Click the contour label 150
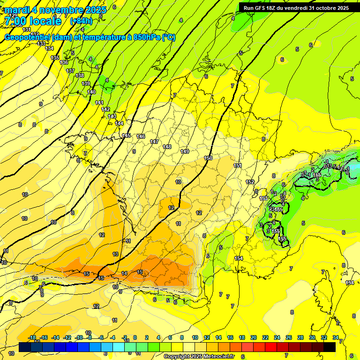click(x=208, y=158)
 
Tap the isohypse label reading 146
click(x=141, y=136)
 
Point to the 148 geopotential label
click(x=167, y=147)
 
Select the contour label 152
click(x=250, y=182)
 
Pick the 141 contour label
click(x=99, y=103)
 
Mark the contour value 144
click(x=120, y=123)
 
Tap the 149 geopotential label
click(x=185, y=151)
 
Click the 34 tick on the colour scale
click(x=336, y=337)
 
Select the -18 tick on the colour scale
click(x=32, y=337)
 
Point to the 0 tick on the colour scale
click(x=135, y=337)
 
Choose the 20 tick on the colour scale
click(x=254, y=337)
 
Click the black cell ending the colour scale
click(x=330, y=347)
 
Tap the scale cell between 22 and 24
click(x=271, y=347)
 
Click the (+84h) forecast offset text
click(x=81, y=21)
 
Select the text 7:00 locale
click(x=33, y=21)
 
